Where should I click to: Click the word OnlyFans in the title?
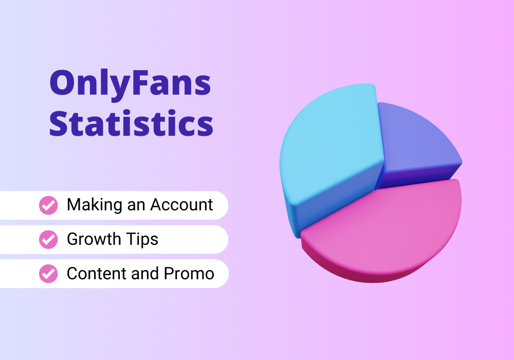(x=130, y=84)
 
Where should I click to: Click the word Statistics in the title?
(x=131, y=123)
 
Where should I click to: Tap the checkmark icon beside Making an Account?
(x=48, y=205)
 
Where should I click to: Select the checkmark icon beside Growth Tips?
(x=48, y=239)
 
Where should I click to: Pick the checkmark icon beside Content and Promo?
(x=48, y=274)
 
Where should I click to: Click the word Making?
(x=95, y=205)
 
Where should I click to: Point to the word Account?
(x=181, y=205)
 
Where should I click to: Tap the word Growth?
(x=94, y=239)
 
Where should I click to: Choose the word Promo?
(x=189, y=274)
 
